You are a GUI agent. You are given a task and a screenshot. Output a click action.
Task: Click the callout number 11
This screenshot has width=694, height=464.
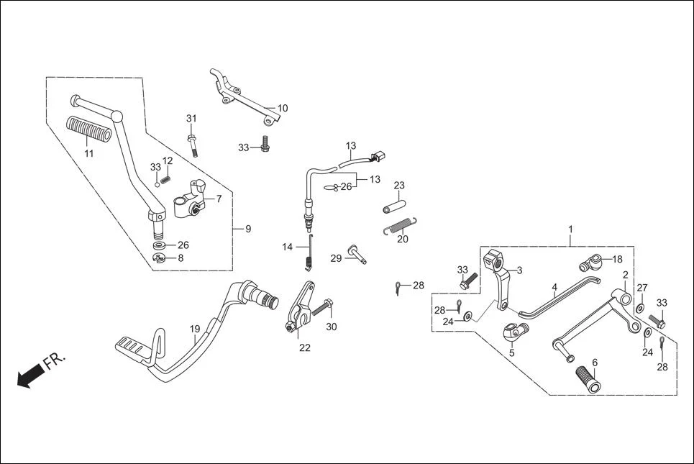[x=88, y=153]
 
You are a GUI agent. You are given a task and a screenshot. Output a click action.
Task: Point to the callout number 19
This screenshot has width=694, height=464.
[x=195, y=329]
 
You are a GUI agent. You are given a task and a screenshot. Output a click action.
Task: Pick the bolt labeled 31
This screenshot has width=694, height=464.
[x=193, y=142]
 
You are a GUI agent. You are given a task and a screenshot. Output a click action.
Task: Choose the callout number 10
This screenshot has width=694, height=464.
[x=282, y=109]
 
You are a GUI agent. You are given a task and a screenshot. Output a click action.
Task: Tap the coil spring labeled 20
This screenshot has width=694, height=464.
[x=398, y=225]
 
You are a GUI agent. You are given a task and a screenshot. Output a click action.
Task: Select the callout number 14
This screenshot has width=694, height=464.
[x=288, y=247]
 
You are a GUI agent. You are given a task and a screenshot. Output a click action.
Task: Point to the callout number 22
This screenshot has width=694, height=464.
[x=305, y=347]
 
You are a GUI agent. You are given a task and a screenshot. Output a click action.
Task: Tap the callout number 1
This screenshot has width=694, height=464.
[x=570, y=229]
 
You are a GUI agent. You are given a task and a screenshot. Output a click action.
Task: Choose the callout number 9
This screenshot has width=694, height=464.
[x=248, y=229]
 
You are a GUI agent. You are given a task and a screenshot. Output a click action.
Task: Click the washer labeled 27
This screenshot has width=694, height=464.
[x=639, y=309]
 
